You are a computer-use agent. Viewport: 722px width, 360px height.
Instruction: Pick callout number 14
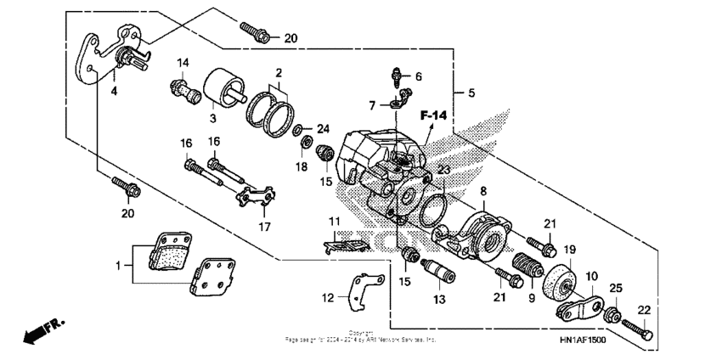183,63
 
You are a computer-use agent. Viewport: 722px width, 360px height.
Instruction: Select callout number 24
322,129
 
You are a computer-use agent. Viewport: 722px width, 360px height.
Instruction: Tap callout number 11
335,222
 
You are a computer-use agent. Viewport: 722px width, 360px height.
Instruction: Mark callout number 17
264,227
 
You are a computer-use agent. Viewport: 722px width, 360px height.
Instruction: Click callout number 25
616,290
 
